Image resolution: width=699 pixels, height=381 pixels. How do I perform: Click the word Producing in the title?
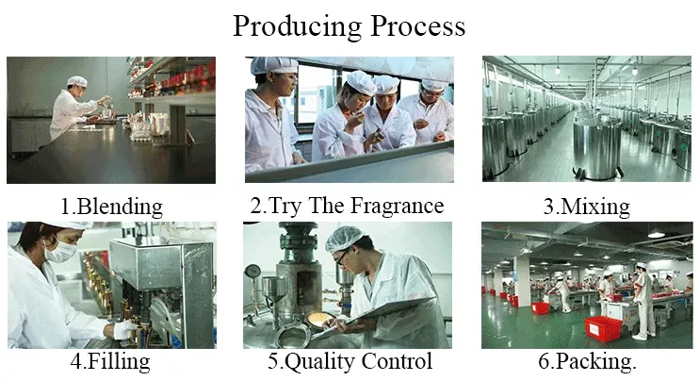(x=297, y=27)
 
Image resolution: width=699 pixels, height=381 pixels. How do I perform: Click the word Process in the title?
(x=418, y=26)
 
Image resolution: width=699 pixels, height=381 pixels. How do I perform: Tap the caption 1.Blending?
(x=111, y=207)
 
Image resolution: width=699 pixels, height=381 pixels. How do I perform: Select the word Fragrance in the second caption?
(x=397, y=206)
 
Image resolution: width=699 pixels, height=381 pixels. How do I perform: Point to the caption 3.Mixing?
(x=586, y=207)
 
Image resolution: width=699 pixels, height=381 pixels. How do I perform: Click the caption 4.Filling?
(x=110, y=361)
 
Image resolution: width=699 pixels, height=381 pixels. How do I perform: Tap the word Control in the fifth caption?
(x=397, y=361)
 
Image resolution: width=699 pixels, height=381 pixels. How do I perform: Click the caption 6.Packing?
(x=587, y=361)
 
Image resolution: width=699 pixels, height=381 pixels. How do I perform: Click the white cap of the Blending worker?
(x=77, y=81)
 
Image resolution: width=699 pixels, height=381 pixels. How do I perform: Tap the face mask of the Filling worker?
(x=60, y=251)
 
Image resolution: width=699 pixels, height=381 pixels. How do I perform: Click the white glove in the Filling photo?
(x=123, y=330)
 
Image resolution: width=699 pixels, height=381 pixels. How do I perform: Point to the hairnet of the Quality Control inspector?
(x=344, y=238)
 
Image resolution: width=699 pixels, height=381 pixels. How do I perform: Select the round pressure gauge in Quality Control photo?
(x=252, y=271)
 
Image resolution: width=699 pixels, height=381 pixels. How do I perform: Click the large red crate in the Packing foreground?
(x=603, y=329)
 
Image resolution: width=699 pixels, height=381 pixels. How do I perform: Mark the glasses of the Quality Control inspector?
(x=341, y=257)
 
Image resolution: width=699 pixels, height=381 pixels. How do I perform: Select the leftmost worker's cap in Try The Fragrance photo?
(x=274, y=65)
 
